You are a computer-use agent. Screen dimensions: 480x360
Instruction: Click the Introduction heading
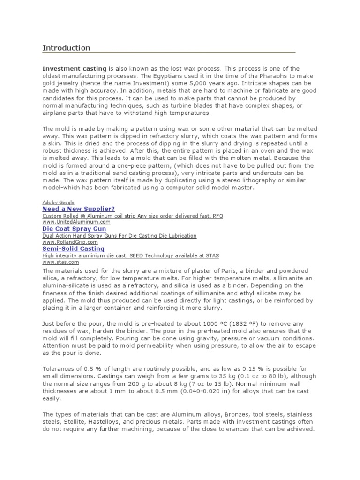pos(66,48)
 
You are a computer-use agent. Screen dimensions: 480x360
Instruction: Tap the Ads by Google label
pos(58,202)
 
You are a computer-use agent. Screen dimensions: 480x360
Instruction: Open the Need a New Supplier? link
pos(78,209)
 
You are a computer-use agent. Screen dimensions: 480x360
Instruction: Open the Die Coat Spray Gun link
pos(74,229)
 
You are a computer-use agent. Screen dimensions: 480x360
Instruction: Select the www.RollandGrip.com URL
pos(72,242)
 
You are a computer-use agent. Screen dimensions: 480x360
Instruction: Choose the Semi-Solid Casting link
pos(73,248)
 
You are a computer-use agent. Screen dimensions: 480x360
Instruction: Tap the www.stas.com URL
pos(60,262)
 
